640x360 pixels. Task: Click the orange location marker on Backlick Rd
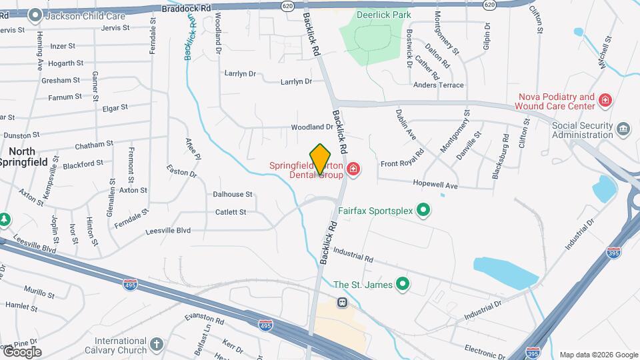(321, 159)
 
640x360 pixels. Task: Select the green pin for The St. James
(402, 285)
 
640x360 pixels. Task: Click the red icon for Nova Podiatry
(605, 101)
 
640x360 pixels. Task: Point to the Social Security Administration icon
(623, 129)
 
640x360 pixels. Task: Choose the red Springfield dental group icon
(353, 170)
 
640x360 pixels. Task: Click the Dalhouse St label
(232, 195)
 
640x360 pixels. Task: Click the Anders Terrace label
(438, 85)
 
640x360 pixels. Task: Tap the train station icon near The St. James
(342, 302)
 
